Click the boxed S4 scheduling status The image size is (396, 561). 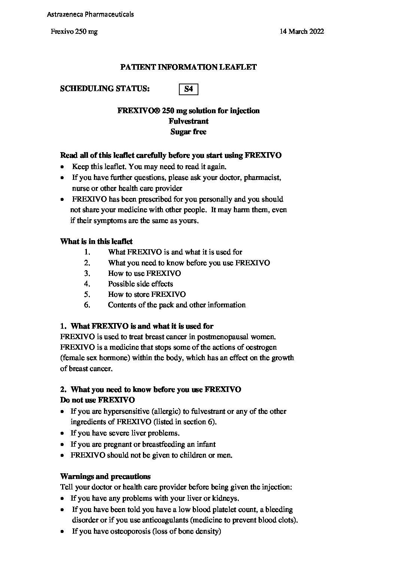[189, 89]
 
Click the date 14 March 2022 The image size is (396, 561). [302, 31]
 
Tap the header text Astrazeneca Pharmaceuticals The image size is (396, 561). [90, 15]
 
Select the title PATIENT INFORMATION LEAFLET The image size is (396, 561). [188, 67]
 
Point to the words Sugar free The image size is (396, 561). [188, 132]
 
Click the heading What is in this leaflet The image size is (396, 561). [96, 241]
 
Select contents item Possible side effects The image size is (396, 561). [140, 284]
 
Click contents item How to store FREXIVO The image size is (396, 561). [147, 294]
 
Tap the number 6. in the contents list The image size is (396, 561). [87, 305]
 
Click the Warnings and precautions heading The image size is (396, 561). [105, 477]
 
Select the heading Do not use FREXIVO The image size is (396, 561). [97, 400]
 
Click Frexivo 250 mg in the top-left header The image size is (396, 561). [74, 31]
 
